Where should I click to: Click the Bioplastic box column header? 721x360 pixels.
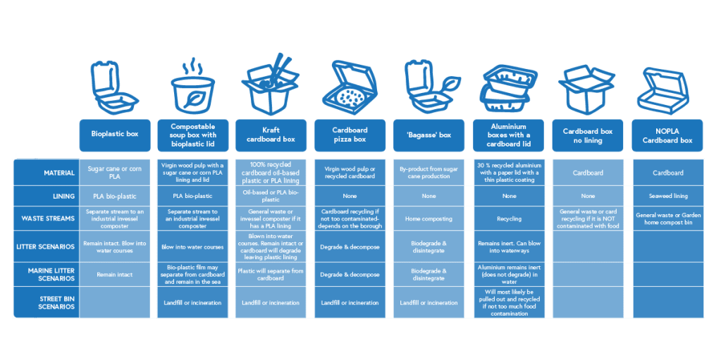tap(115, 135)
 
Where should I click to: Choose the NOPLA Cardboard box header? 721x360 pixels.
tap(667, 135)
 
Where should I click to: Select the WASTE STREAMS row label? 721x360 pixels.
tap(49, 218)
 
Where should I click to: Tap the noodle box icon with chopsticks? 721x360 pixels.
tap(270, 83)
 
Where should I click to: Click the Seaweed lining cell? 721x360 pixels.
tap(667, 196)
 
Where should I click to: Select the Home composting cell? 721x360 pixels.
tap(428, 219)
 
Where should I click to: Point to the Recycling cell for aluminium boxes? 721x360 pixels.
tap(509, 219)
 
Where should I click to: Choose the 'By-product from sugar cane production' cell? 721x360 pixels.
tap(428, 173)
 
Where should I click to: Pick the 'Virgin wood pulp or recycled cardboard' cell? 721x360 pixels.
tap(350, 173)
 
